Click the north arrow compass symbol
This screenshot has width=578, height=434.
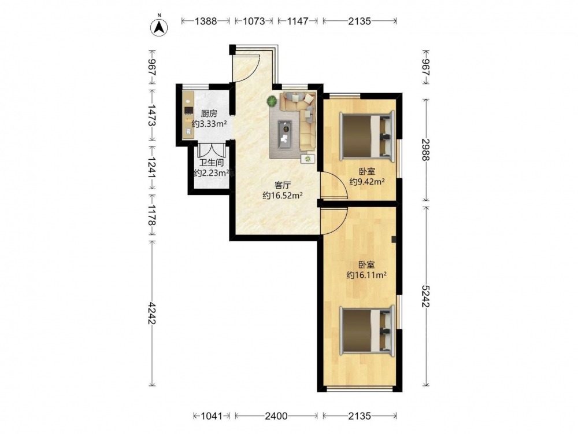pos(160,27)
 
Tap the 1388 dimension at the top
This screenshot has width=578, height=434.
pos(206,21)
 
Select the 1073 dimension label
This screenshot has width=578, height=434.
pos(254,21)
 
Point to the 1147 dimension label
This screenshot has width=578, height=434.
pos(298,21)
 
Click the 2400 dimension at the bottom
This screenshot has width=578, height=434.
pos(276,416)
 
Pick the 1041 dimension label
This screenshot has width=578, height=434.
pos(212,416)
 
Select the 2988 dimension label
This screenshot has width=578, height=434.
pos(426,149)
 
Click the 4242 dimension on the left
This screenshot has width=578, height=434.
pos(151,314)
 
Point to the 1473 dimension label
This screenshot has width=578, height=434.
pos(151,115)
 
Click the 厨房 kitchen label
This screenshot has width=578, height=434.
pos(209,113)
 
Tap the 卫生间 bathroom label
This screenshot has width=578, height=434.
pos(211,163)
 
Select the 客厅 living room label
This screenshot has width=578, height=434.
pos(283,185)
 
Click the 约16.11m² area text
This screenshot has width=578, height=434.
pos(366,275)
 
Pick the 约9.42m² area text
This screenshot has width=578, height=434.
pos(367,182)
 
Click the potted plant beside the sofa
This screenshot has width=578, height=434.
pos(272,101)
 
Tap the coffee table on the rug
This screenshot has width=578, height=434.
pos(285,135)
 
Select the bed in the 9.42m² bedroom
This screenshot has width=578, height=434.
pos(368,137)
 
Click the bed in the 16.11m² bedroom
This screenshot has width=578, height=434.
pos(368,330)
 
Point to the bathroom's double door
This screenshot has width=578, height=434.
pos(211,149)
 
